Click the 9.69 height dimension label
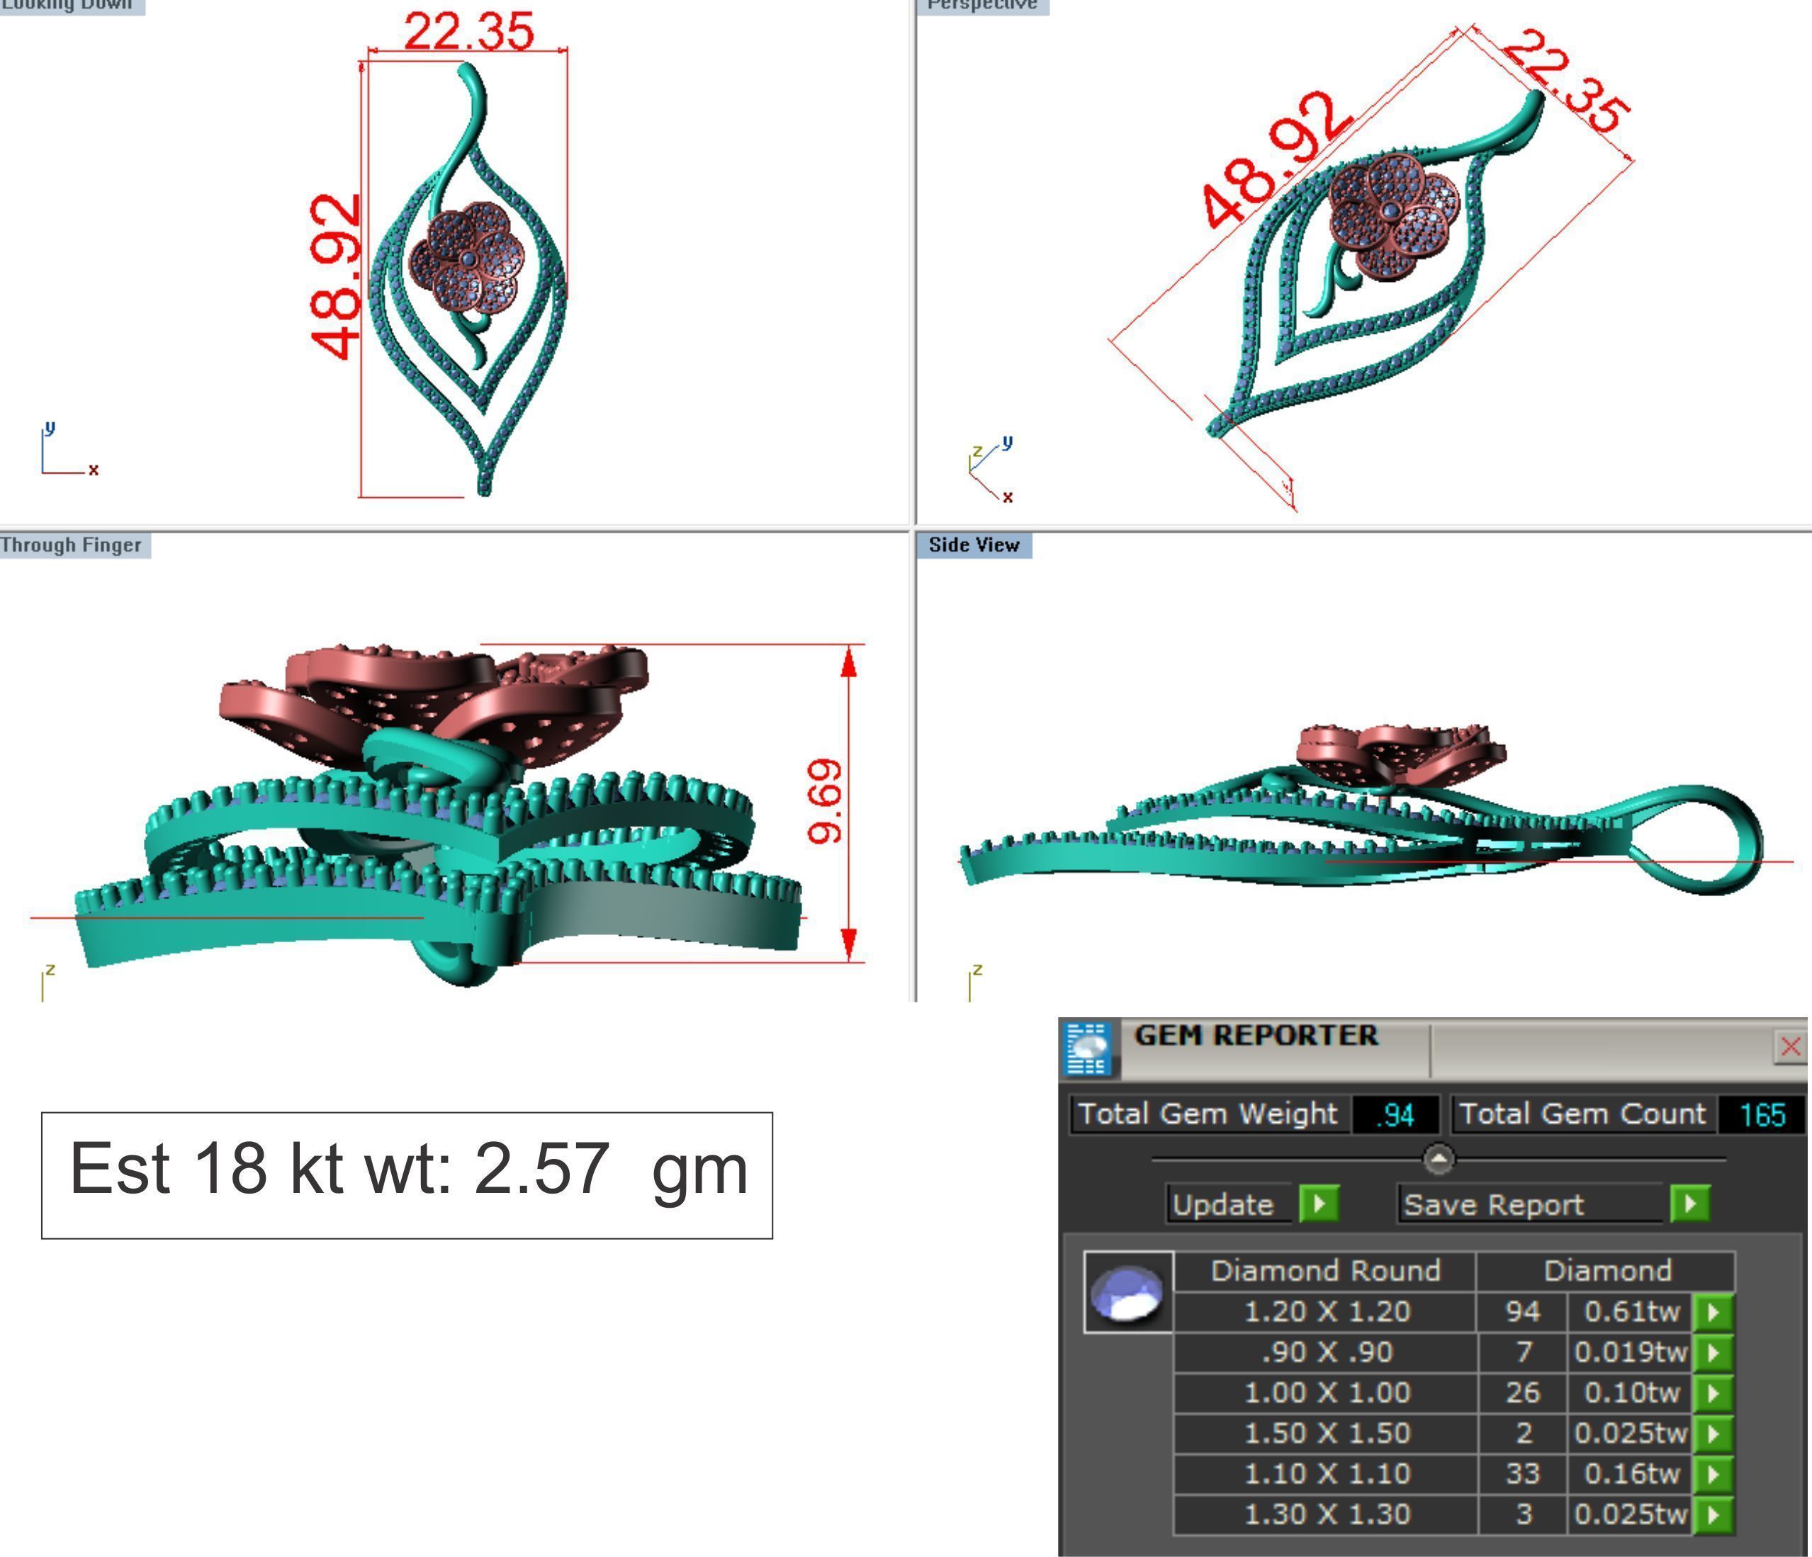click(x=825, y=802)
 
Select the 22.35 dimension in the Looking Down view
click(x=468, y=31)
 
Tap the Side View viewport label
click(x=974, y=545)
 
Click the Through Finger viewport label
click(x=72, y=545)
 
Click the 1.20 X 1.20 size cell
click(x=1326, y=1311)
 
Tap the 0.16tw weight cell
click(x=1631, y=1474)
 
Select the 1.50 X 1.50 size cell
click(x=1326, y=1433)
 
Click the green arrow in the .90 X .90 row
click(x=1713, y=1352)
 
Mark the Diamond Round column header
click(x=1325, y=1270)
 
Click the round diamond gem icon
click(x=1128, y=1293)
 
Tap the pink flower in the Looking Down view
click(x=466, y=256)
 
